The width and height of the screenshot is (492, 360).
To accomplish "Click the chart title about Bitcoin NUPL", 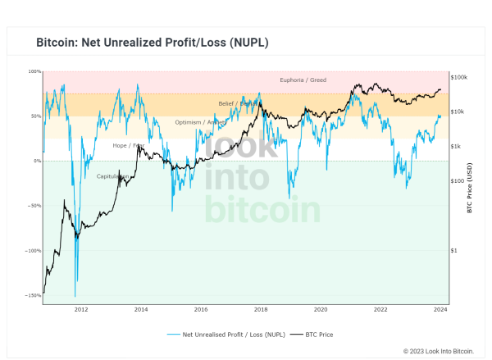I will (153, 42).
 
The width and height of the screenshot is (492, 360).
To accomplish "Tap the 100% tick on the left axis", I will (35, 72).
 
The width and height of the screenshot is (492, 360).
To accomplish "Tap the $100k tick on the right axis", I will (460, 77).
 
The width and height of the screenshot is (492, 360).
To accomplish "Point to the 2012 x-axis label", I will (81, 310).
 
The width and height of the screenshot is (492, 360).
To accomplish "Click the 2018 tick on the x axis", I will (261, 310).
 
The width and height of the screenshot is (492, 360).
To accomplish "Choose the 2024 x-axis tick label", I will (440, 310).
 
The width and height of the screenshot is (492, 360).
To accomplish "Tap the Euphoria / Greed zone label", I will (303, 80).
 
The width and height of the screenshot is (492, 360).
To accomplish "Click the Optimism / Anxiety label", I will (200, 122).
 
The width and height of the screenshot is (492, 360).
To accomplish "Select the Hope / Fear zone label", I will (128, 145).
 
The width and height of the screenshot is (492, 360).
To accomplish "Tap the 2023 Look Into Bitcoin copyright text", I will (439, 351).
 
